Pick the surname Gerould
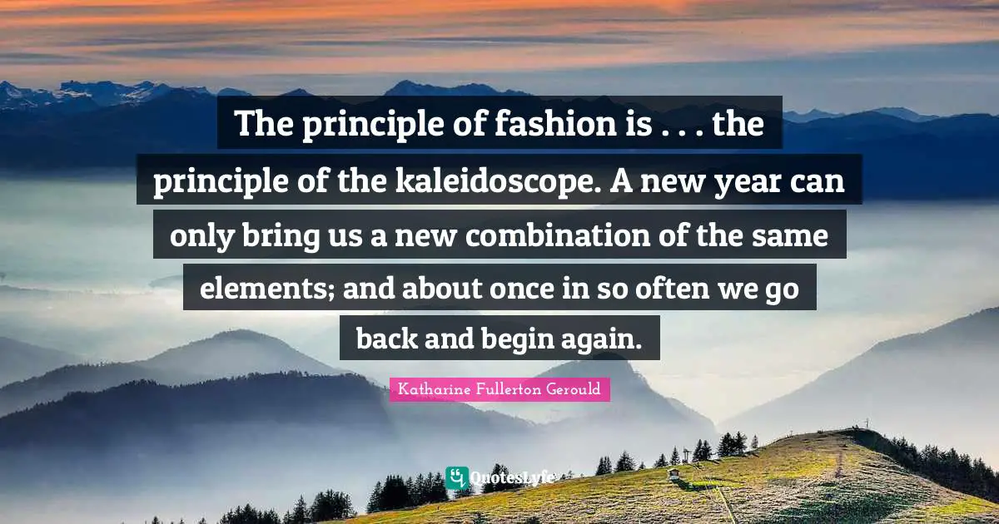click(572, 389)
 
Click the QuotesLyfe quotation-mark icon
click(456, 477)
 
